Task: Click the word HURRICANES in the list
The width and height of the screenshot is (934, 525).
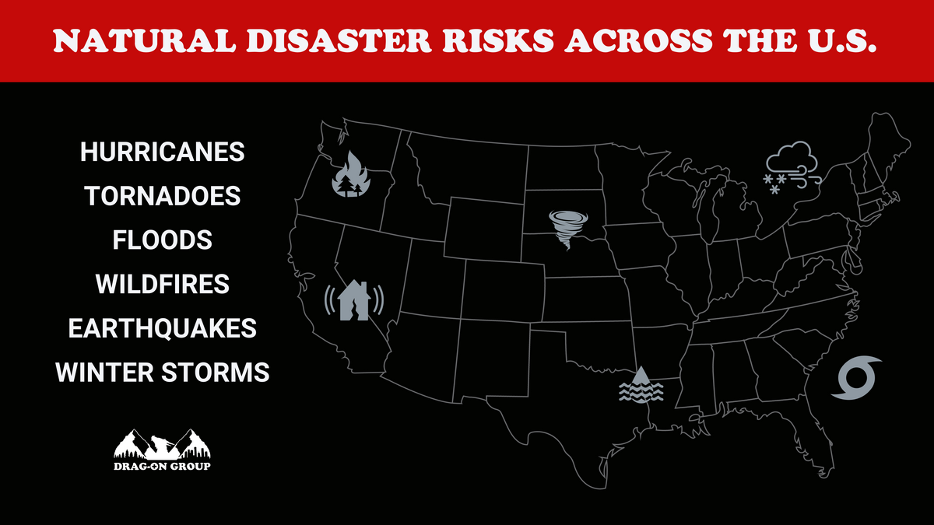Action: pos(163,152)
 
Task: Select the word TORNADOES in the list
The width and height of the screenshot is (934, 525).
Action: pos(163,196)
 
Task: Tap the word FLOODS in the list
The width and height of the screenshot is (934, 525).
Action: pos(163,240)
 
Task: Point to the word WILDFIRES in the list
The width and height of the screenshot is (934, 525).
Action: pos(163,285)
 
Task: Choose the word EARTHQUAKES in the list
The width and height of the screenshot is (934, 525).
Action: pos(163,328)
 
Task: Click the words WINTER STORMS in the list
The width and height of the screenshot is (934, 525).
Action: pos(163,373)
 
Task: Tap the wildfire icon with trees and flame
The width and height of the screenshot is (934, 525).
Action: pos(352,176)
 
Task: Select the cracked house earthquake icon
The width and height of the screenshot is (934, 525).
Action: pos(354,299)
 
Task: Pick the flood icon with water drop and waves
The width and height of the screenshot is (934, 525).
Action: pos(641,384)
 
